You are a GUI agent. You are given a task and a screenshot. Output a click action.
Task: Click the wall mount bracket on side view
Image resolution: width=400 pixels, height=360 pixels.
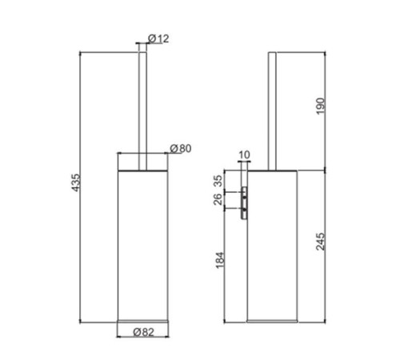(x=243, y=200)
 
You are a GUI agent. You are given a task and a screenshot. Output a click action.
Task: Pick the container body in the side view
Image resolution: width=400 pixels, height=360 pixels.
(x=274, y=248)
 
